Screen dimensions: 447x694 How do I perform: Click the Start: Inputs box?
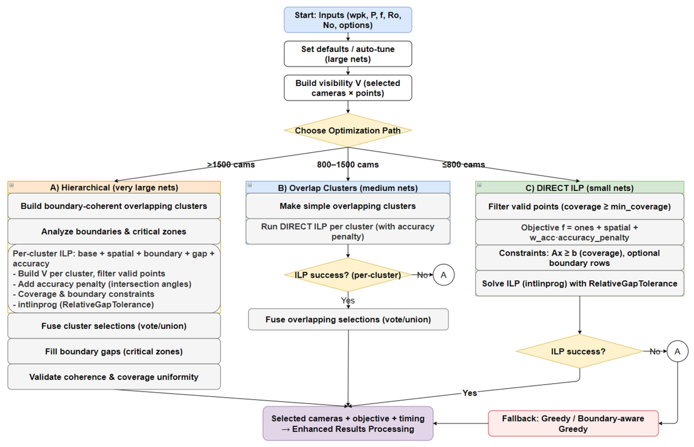tap(347, 20)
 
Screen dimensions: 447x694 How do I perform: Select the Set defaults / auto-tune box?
tap(347, 54)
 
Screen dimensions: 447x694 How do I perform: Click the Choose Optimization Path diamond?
tap(347, 130)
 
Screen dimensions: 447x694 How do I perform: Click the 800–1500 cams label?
tap(347, 165)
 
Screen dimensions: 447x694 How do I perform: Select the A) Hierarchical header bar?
tap(114, 187)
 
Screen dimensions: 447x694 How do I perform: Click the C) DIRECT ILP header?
tap(579, 188)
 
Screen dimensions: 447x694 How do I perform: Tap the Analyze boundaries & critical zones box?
tap(114, 231)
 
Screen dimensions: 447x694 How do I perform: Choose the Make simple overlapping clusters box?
tap(347, 206)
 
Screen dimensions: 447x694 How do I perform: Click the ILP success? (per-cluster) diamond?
tap(347, 275)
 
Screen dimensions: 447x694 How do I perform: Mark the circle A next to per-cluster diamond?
tap(443, 275)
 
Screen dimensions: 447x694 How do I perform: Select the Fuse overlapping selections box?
tap(348, 319)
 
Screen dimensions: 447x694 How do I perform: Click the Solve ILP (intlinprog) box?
tap(579, 283)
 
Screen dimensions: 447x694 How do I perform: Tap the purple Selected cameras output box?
tap(347, 423)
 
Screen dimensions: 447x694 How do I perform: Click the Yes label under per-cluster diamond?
tap(348, 300)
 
